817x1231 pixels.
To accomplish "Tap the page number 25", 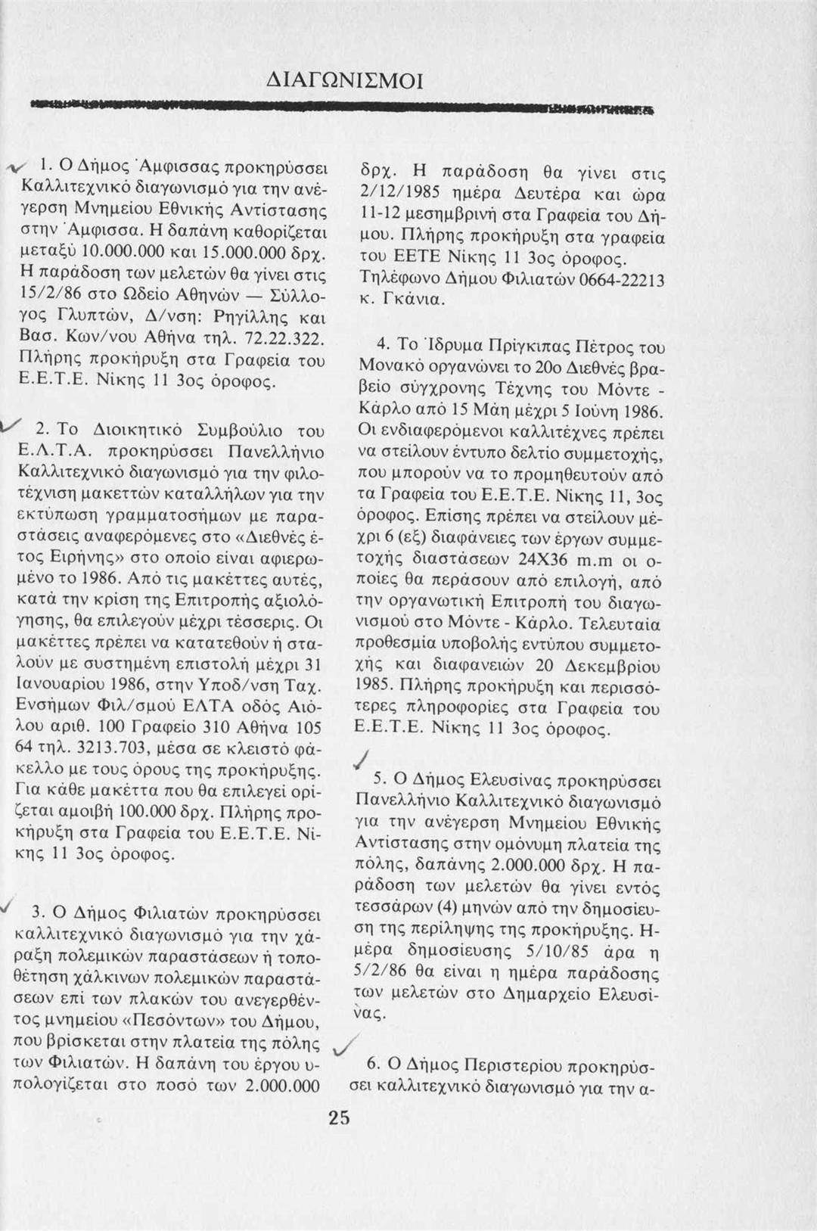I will (x=340, y=1118).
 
